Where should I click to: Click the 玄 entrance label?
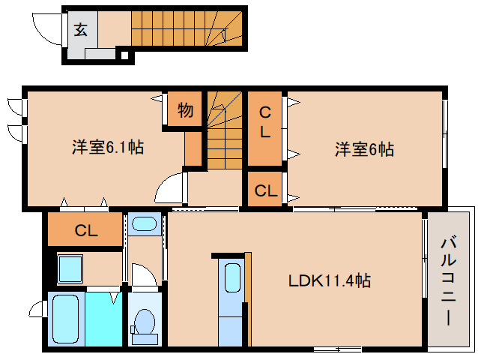click(81, 30)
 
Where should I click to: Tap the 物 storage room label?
click(185, 109)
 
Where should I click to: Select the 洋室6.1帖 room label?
click(108, 147)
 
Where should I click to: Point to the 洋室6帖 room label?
click(364, 149)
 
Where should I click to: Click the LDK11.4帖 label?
click(330, 280)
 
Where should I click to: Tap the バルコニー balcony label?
click(448, 281)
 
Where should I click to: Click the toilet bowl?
click(145, 322)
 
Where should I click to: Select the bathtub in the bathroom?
click(65, 319)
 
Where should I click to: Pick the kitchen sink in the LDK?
click(232, 278)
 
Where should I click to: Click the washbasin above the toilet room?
click(145, 224)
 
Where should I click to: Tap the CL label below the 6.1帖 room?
click(86, 230)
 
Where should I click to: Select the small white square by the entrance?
click(124, 55)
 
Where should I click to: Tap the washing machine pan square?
click(70, 269)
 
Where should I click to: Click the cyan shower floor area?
click(103, 319)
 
